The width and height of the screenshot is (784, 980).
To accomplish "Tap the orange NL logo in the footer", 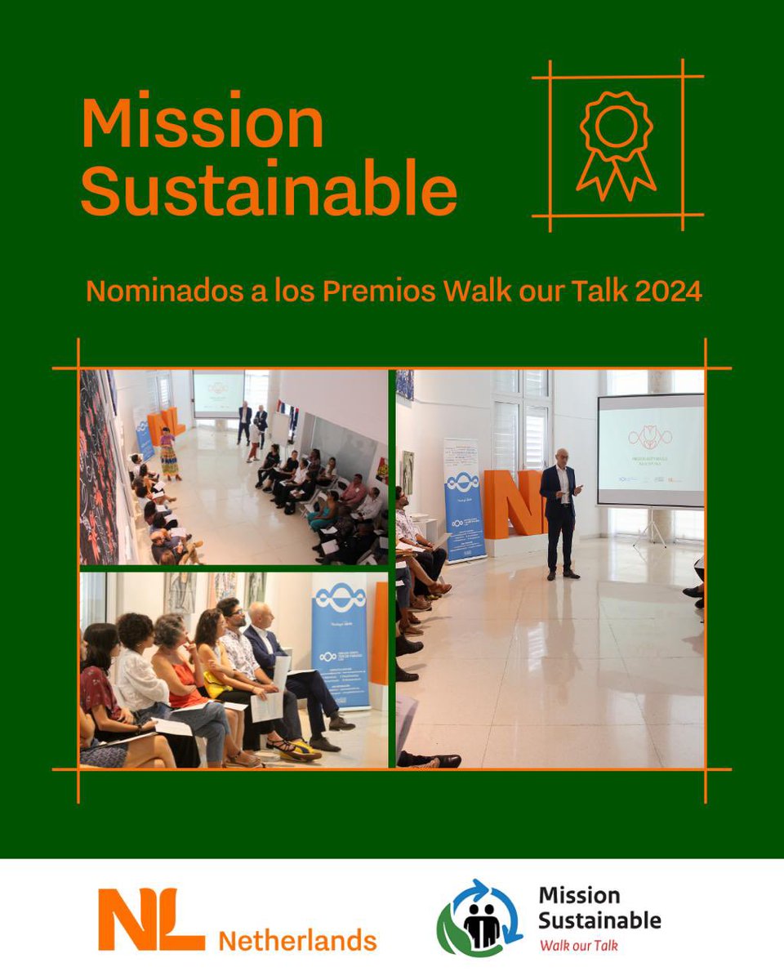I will pyautogui.click(x=150, y=920).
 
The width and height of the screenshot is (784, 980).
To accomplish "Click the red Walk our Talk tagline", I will pyautogui.click(x=577, y=946).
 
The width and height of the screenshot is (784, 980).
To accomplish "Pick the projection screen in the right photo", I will pyautogui.click(x=650, y=451).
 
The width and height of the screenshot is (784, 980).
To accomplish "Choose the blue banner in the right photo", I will pyautogui.click(x=464, y=498).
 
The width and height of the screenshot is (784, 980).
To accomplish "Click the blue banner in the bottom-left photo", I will pyautogui.click(x=340, y=637).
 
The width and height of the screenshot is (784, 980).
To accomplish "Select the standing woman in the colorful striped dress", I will pyautogui.click(x=169, y=454).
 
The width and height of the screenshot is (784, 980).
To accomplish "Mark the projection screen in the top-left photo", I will pyautogui.click(x=219, y=394).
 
